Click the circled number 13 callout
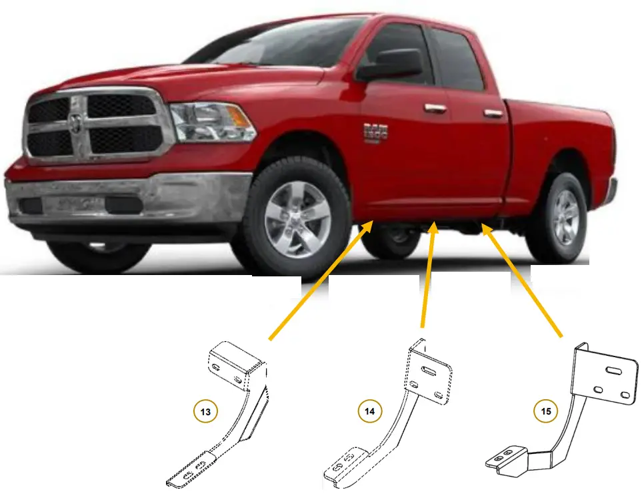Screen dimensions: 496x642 pos(206,412)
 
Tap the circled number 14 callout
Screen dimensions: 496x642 pos(370,411)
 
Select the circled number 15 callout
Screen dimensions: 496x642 pos(546,411)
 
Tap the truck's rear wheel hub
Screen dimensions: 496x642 pos(565,217)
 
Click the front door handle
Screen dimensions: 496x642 pos(435,108)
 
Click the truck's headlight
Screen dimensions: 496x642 pos(212,122)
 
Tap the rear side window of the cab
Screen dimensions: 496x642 pos(457,60)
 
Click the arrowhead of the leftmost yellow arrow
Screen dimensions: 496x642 pos(369,227)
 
